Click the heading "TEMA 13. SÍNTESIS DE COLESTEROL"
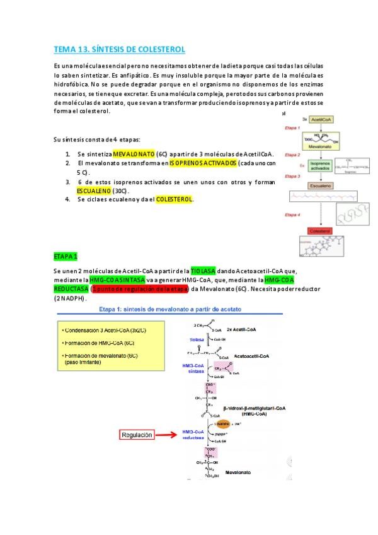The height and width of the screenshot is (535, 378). [x=119, y=49]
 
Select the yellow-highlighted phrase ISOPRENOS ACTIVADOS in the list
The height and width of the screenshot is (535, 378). [x=203, y=163]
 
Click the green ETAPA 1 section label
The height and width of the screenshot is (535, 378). [x=66, y=257]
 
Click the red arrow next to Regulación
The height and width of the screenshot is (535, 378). [x=172, y=435]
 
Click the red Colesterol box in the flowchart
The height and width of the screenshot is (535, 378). [x=323, y=232]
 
